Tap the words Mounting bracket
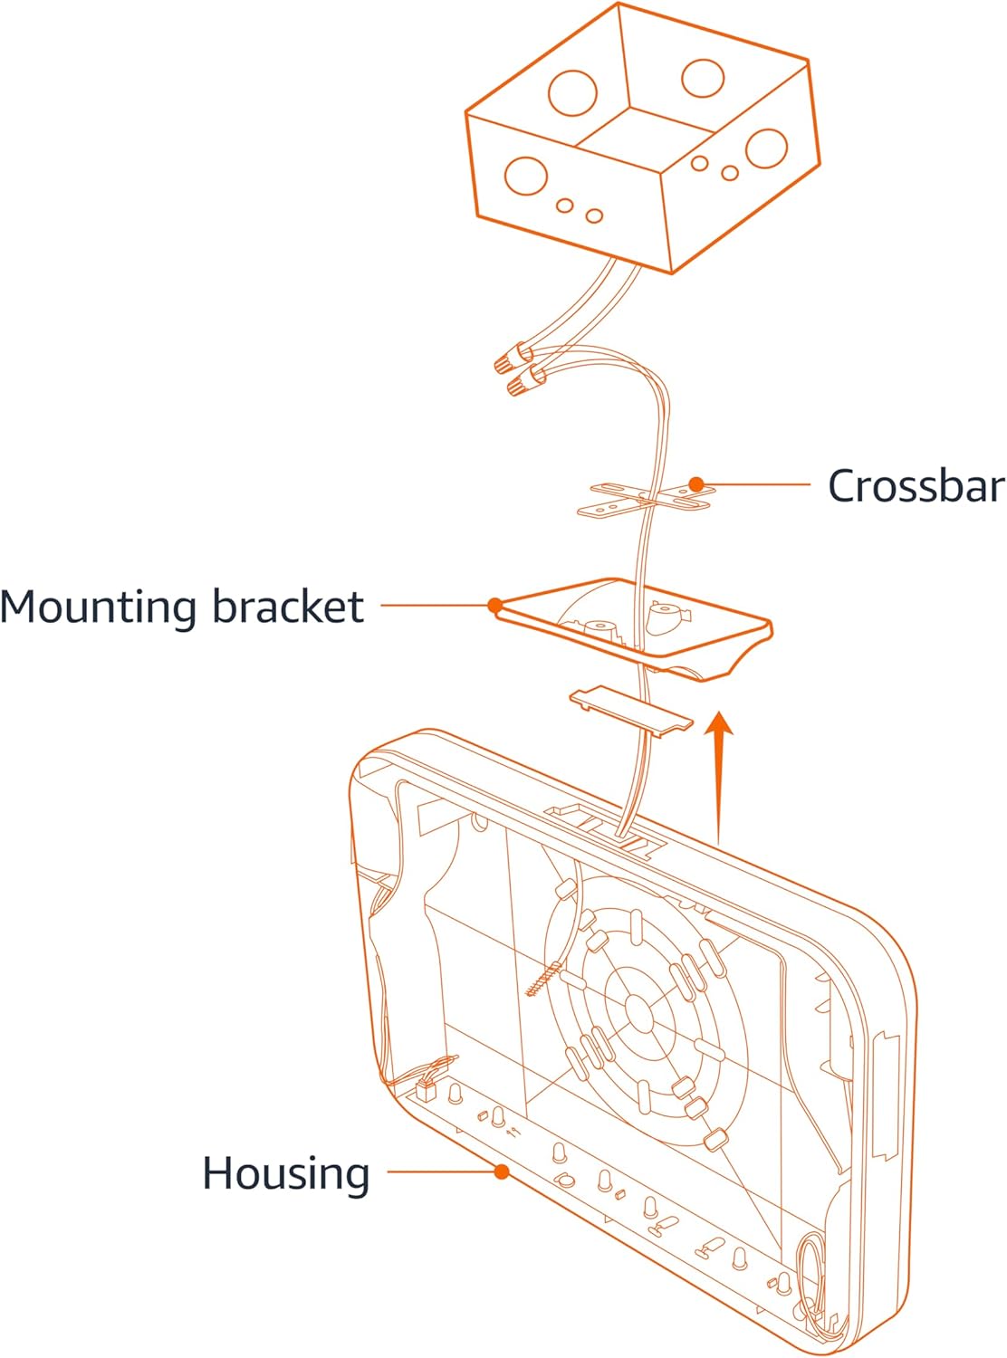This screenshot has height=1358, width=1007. [182, 607]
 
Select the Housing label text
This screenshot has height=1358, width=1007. [286, 1173]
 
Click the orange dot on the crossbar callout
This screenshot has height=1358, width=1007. [695, 484]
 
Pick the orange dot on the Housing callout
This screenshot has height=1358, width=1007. [502, 1172]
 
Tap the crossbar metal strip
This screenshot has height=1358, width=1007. [647, 496]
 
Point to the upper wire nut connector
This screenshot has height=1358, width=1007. [512, 360]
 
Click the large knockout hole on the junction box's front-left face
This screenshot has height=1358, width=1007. [526, 176]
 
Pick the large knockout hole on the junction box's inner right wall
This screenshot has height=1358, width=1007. [704, 78]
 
